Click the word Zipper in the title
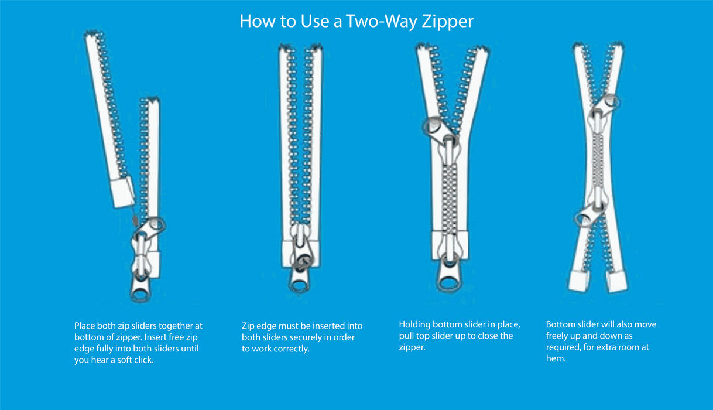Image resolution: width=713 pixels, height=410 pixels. (448, 22)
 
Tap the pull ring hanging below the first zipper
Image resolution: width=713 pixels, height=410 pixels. (140, 292)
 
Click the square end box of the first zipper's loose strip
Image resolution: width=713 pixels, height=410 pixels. (122, 192)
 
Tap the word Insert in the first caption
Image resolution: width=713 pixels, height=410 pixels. (156, 337)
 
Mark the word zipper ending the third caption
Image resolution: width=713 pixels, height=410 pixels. (412, 347)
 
